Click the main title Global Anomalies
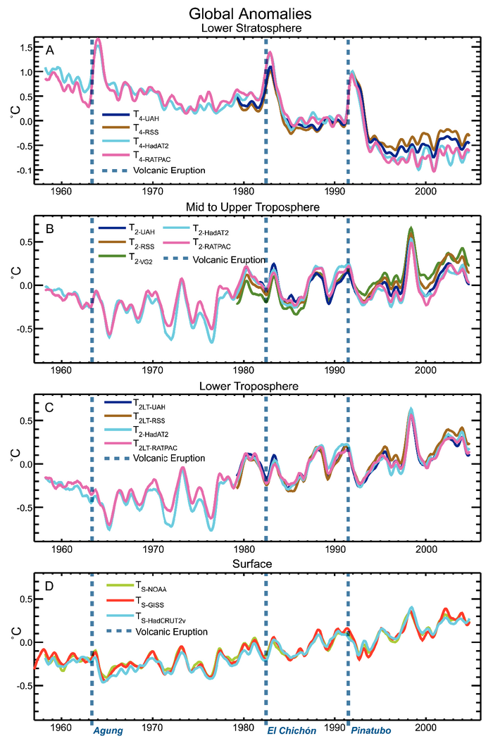[x=246, y=13]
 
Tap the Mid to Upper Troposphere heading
[x=246, y=208]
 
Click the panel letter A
[x=49, y=51]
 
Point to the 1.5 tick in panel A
[x=26, y=47]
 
